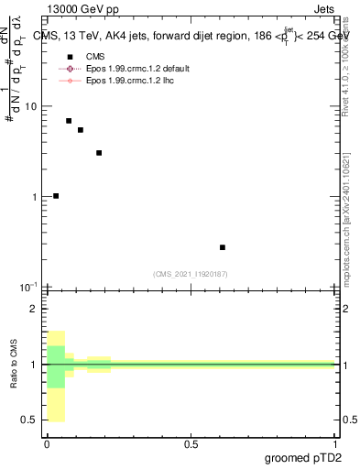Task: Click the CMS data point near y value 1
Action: pyautogui.click(x=56, y=195)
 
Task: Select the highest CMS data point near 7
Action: pyautogui.click(x=69, y=121)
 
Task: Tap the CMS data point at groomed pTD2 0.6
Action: pyautogui.click(x=223, y=247)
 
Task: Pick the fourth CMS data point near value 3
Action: pyautogui.click(x=99, y=153)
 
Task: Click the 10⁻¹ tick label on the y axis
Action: pyautogui.click(x=28, y=288)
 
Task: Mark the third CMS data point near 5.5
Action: pyautogui.click(x=81, y=130)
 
